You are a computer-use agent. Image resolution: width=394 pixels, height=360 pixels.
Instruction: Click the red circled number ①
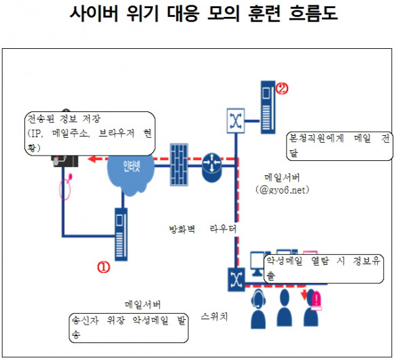pyautogui.click(x=103, y=267)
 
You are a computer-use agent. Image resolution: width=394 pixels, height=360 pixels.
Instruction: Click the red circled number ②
pyautogui.click(x=282, y=88)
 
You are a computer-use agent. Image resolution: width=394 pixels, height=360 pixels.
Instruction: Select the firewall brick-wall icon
pyautogui.click(x=179, y=164)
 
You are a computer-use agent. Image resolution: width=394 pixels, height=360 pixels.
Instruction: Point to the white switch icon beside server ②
pyautogui.click(x=236, y=121)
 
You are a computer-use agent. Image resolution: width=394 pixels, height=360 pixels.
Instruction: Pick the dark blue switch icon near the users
pyautogui.click(x=236, y=279)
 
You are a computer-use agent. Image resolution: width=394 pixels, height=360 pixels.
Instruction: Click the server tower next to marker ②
pyautogui.click(x=268, y=107)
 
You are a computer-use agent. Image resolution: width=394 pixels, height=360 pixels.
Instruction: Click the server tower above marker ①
pyautogui.click(x=121, y=234)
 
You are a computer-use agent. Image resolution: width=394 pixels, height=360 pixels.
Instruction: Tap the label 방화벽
pyautogui.click(x=182, y=229)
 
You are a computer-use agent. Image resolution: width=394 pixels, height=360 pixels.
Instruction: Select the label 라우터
pyautogui.click(x=223, y=229)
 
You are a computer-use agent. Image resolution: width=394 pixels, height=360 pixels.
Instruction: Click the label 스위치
pyautogui.click(x=214, y=317)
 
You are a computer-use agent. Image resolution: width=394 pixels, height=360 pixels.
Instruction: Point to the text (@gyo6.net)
pyautogui.click(x=283, y=190)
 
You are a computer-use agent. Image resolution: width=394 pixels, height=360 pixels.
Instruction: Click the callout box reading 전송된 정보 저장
pyautogui.click(x=90, y=134)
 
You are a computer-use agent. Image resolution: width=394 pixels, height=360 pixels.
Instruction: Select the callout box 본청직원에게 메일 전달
pyautogui.click(x=339, y=146)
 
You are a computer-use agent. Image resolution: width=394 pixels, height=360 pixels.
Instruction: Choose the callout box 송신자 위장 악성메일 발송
pyautogui.click(x=128, y=328)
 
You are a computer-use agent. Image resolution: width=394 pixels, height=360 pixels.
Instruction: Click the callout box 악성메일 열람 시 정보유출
pyautogui.click(x=323, y=269)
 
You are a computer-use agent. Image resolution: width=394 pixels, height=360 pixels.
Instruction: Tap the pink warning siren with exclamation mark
pyautogui.click(x=317, y=301)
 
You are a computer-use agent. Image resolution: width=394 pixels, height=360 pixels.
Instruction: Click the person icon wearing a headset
pyautogui.click(x=258, y=309)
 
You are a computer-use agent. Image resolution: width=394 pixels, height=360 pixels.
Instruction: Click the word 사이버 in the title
pyautogui.click(x=94, y=13)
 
